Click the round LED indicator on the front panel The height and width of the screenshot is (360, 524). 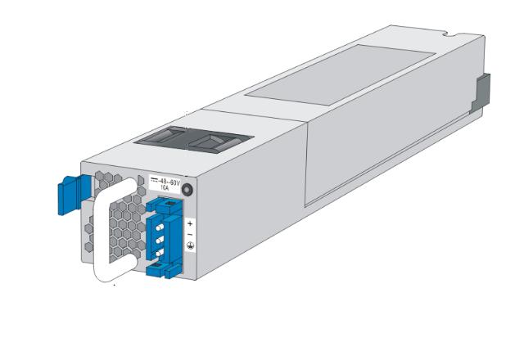coord(187,190)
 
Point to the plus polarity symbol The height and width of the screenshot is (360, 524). coord(190,222)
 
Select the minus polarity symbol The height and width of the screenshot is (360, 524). coord(190,234)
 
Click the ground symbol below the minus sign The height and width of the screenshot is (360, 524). coord(190,246)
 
